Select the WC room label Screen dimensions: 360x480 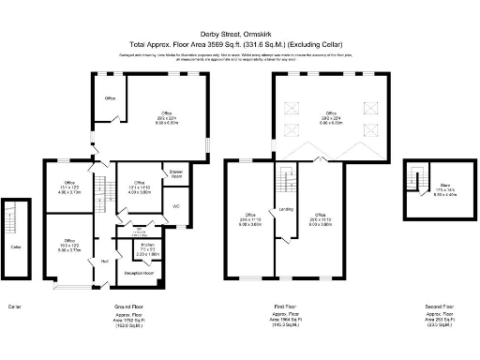[175, 204]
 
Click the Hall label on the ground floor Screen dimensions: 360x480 [104, 260]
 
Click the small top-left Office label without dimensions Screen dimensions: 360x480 [110, 98]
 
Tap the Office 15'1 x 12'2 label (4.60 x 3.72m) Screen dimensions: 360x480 [67, 186]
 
